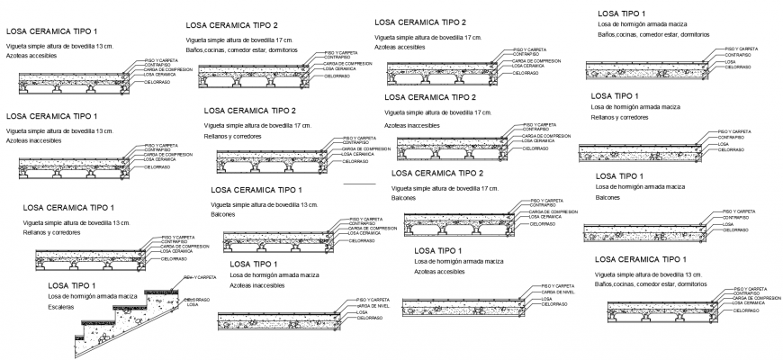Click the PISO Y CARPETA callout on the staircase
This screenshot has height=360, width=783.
(x=199, y=277)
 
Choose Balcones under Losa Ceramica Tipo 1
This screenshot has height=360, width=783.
(x=222, y=215)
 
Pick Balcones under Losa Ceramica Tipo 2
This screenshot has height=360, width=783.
(x=404, y=197)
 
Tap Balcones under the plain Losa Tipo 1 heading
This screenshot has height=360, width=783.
(x=607, y=197)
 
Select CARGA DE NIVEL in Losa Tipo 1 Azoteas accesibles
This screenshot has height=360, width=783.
(x=559, y=292)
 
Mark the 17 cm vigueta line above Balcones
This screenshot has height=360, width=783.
(x=445, y=187)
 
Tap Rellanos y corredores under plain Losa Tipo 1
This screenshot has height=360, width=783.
(x=619, y=117)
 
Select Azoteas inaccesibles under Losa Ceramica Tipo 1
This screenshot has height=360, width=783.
(x=34, y=141)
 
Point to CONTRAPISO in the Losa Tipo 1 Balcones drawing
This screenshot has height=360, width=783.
(x=736, y=217)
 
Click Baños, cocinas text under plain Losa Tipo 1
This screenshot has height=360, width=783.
(x=652, y=34)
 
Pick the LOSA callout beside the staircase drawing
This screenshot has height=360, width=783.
(x=193, y=305)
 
